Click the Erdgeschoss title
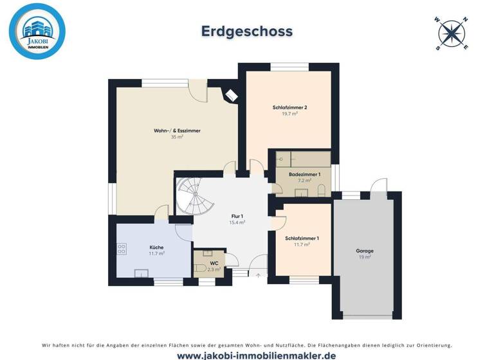(247, 32)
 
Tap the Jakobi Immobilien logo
(37, 32)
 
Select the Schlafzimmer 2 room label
(285, 107)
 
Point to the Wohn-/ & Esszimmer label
(177, 130)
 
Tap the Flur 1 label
(237, 216)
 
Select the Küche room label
(156, 248)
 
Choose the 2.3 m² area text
(214, 269)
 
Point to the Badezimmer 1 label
(303, 174)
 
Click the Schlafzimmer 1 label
(302, 239)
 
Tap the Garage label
(365, 251)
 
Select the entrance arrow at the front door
(259, 275)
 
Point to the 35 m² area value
(177, 137)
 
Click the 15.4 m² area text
(237, 222)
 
